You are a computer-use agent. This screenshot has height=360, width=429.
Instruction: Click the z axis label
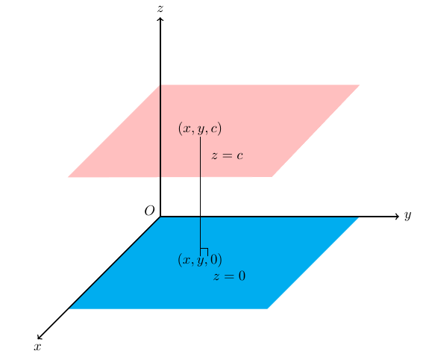(160, 8)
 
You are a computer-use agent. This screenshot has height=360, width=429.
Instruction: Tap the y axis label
(408, 216)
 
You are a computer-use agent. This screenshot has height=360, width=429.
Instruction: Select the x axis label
(37, 347)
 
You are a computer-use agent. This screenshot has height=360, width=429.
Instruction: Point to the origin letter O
(149, 211)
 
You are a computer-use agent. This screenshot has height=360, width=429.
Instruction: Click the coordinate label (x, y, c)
(200, 129)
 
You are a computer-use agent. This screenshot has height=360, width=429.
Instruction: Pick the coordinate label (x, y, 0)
(200, 260)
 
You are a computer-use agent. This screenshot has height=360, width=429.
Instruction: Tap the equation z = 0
(229, 277)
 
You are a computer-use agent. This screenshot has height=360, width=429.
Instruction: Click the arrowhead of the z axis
(160, 19)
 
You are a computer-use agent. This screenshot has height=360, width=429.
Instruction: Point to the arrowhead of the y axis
(398, 217)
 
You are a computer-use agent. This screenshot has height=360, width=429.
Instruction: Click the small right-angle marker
(204, 251)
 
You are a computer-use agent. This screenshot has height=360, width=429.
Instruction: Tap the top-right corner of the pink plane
(360, 85)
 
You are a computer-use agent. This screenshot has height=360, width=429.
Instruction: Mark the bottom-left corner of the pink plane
(69, 177)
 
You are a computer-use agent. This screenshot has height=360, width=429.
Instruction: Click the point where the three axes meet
(160, 217)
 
